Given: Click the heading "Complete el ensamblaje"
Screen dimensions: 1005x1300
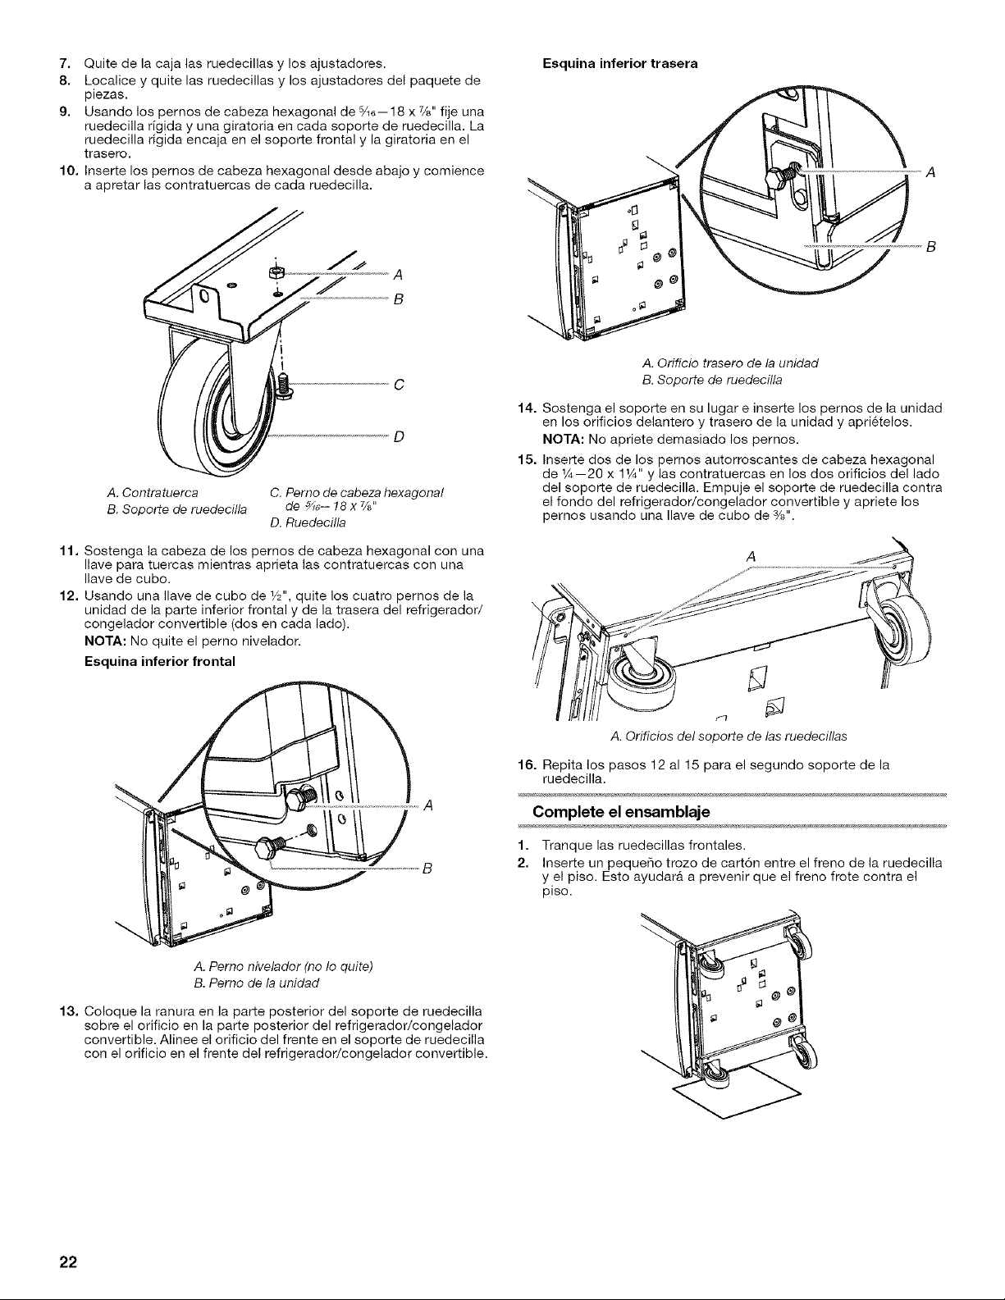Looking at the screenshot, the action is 621,812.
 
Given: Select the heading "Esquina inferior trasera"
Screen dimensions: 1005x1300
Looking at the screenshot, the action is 619,63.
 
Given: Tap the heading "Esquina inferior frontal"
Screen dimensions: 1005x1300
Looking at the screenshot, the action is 160,661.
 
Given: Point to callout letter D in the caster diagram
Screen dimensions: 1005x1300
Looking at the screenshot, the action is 399,436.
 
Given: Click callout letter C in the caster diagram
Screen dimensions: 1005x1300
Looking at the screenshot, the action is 399,385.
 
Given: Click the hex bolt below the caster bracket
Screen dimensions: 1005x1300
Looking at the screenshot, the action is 284,384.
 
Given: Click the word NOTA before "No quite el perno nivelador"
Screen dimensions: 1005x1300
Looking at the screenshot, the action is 105,642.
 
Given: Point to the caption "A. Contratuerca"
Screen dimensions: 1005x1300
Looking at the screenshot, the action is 153,493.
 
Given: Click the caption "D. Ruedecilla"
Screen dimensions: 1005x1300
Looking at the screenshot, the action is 308,523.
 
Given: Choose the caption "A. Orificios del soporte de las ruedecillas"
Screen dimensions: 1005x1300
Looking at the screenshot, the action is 729,737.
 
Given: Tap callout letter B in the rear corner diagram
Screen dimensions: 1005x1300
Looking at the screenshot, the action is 930,247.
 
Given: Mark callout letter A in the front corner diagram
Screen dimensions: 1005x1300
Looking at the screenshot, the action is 427,805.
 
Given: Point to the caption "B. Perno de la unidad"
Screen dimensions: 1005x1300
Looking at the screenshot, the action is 258,983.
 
